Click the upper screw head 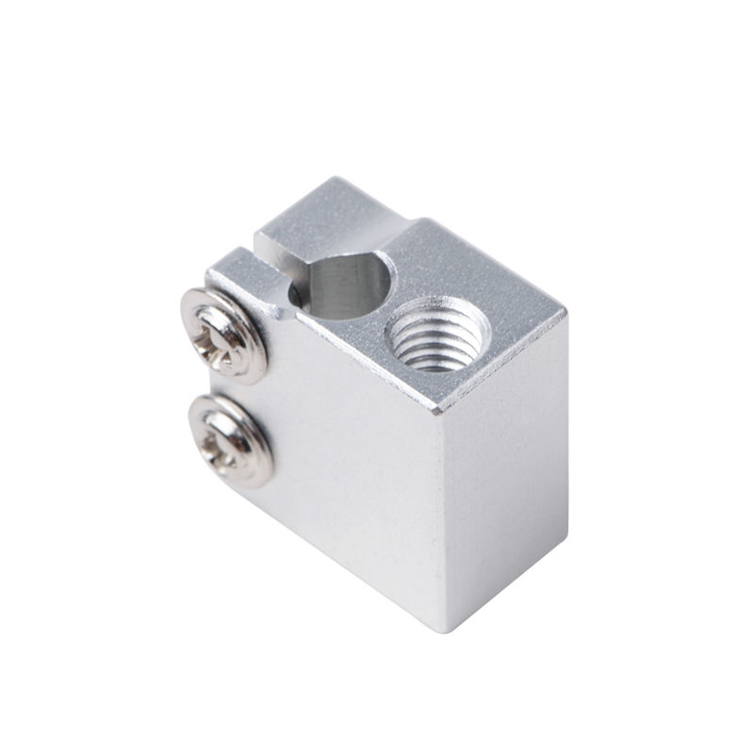(222, 335)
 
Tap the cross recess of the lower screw (226, 438)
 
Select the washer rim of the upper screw (251, 363)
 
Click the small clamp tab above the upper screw (236, 269)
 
